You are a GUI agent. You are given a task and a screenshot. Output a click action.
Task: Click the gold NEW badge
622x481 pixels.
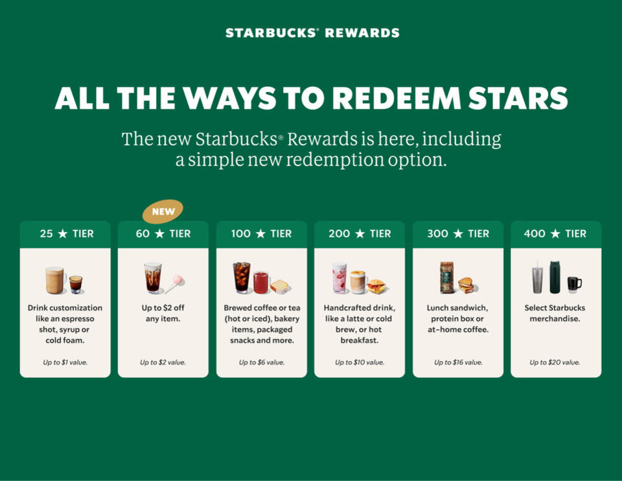pos(163,211)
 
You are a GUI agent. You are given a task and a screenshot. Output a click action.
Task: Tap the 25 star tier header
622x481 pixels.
pos(65,234)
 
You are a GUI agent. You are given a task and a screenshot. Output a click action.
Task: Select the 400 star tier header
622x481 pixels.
pos(556,234)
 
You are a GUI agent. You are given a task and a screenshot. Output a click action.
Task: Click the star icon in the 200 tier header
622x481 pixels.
pos(360,234)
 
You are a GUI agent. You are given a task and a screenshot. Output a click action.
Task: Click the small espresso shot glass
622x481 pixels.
pos(76,284)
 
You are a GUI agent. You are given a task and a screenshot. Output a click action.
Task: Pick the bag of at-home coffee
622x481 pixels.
pos(447,277)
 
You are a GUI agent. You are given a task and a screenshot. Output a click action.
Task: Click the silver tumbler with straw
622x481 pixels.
pos(538,278)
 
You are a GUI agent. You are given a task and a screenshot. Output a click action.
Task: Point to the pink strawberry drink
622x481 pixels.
pos(340,278)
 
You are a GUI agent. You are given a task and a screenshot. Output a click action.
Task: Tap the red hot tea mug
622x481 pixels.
pos(261,283)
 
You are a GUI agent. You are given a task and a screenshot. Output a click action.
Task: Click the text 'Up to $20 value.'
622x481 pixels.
pos(555,362)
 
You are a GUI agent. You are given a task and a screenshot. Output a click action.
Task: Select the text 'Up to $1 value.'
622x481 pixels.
pos(65,362)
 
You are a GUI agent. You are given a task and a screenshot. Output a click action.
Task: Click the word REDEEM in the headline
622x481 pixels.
pos(397,98)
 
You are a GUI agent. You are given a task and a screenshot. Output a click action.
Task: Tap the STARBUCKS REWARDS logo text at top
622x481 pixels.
pos(312,33)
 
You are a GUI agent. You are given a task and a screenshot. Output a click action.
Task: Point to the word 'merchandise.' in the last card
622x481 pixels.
pos(555,319)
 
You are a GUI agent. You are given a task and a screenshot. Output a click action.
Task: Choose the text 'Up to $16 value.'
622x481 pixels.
pos(458,362)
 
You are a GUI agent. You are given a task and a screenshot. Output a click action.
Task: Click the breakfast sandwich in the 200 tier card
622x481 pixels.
pos(376,286)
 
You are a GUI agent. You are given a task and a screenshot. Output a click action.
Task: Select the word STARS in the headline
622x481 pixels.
pos(518,98)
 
